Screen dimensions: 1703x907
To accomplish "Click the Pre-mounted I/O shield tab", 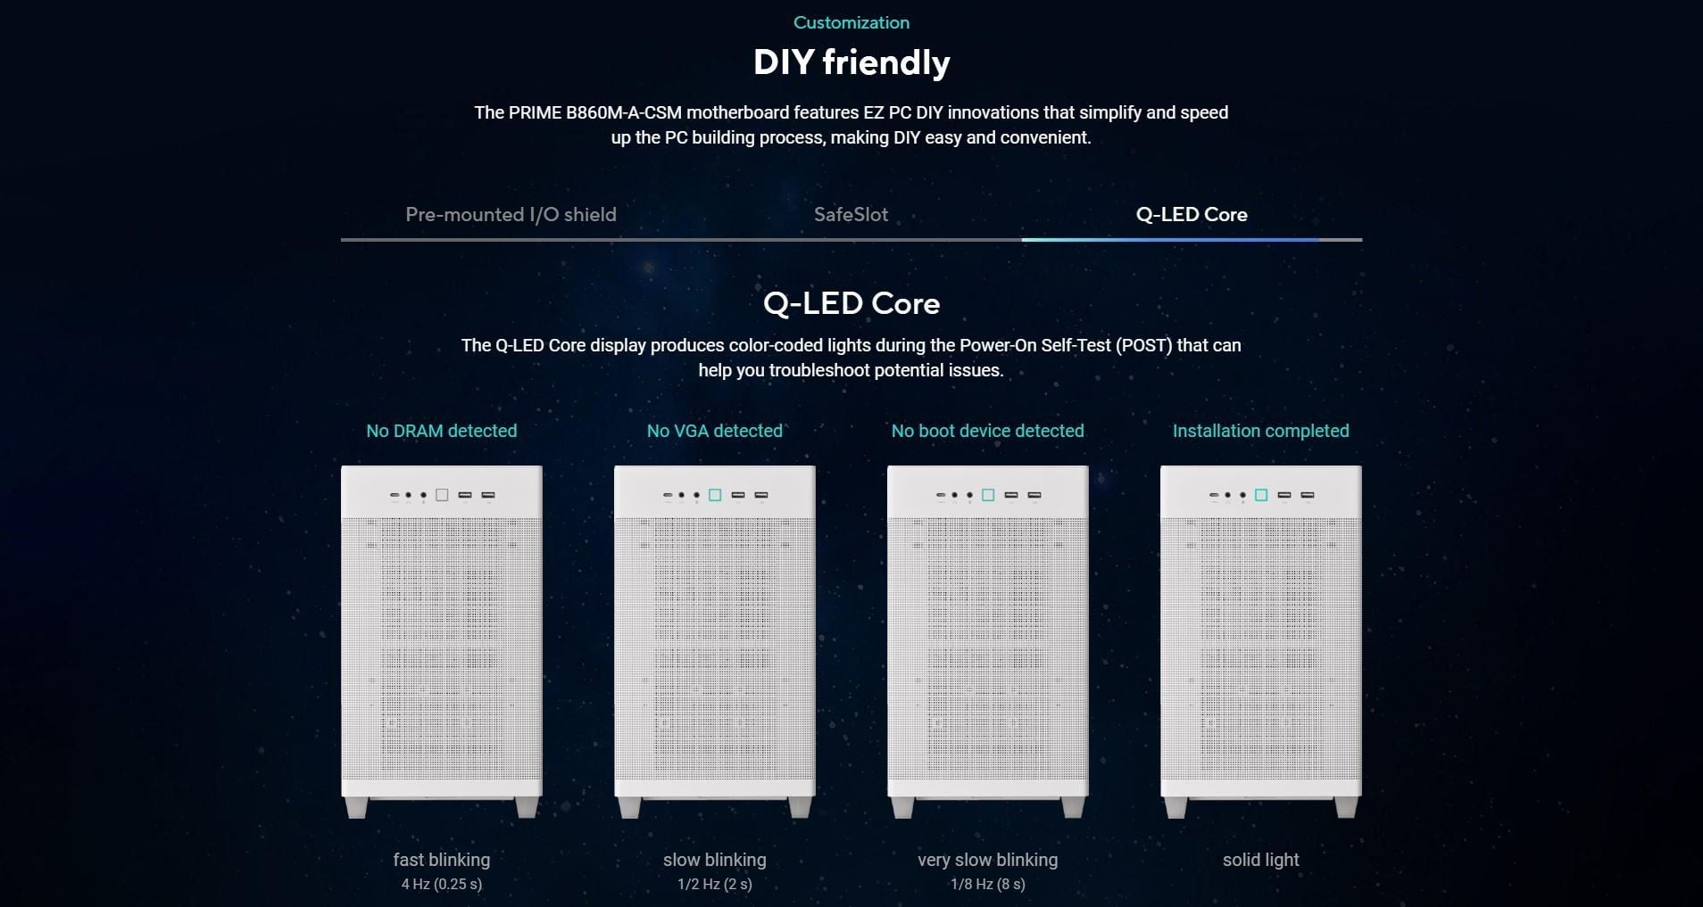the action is pos(511,215).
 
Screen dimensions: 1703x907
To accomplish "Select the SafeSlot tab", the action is pos(851,215).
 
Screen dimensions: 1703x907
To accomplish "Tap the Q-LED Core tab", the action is pos(1192,215).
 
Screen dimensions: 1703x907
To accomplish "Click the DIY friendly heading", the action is pos(851,62).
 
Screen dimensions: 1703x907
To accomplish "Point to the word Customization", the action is pos(851,22).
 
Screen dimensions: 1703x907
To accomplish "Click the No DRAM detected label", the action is pos(442,431).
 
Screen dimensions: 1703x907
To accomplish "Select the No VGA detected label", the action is pos(715,431).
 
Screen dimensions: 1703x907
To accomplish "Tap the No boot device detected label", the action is pos(988,431).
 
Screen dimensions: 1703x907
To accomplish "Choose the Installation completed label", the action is pos(1261,431).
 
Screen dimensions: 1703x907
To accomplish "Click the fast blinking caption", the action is pos(442,860).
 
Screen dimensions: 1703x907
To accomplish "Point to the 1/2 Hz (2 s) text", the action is pos(715,885).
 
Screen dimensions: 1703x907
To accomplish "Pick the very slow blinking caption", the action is pos(988,860).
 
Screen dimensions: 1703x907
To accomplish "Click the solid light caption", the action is pos(1261,860).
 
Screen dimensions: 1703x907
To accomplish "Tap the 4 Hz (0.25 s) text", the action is pos(442,885).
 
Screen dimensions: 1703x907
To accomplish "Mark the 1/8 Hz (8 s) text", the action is pos(988,885).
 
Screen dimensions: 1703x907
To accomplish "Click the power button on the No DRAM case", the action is pos(442,495).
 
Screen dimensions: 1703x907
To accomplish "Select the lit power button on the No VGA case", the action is pos(715,495).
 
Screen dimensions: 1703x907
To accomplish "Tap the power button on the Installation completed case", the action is pos(1261,495).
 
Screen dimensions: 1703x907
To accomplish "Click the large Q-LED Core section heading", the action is pos(851,304).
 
